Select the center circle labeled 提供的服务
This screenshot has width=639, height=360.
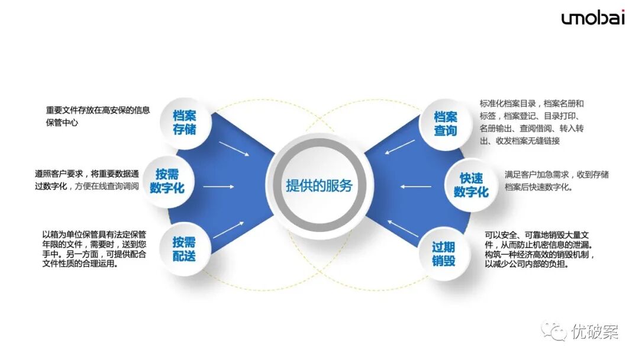[x=319, y=186]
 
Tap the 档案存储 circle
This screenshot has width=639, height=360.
[x=184, y=122]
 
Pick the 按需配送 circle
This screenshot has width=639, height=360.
[x=184, y=249]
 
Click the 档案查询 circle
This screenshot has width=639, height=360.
[x=446, y=123]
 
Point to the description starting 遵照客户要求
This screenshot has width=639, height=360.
[x=87, y=180]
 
